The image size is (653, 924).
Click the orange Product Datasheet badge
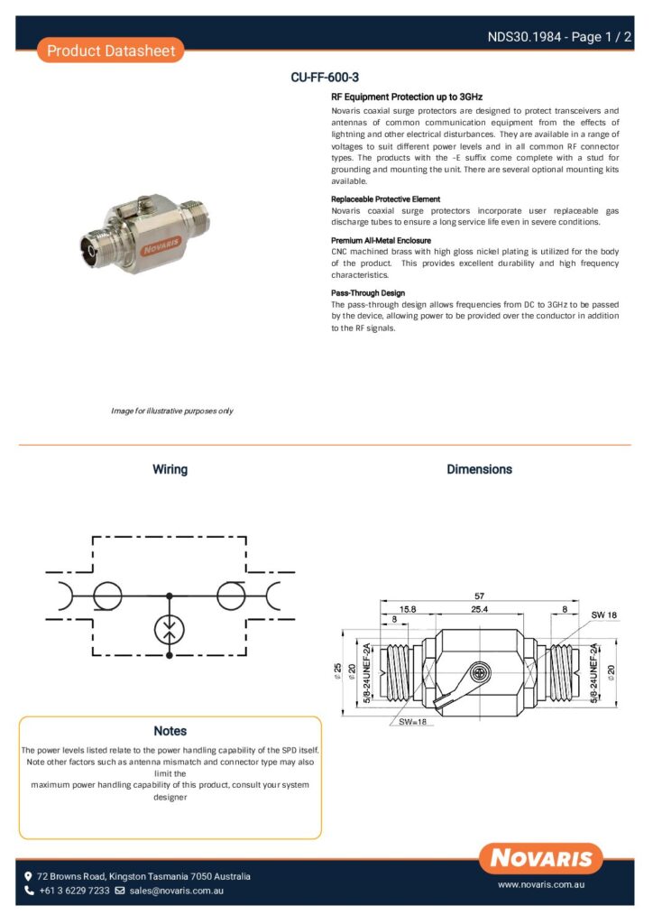111,51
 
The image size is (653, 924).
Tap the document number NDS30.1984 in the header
524,37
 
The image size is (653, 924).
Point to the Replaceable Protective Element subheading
385,199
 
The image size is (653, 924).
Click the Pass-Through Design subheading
368,293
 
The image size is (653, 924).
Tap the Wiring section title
170,469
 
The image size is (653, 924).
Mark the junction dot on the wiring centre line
169,596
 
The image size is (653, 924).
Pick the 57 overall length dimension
479,596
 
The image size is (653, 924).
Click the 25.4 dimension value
479,609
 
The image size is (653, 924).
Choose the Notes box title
170,731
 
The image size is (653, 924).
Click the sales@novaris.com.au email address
177,891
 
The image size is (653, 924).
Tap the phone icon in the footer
29,891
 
